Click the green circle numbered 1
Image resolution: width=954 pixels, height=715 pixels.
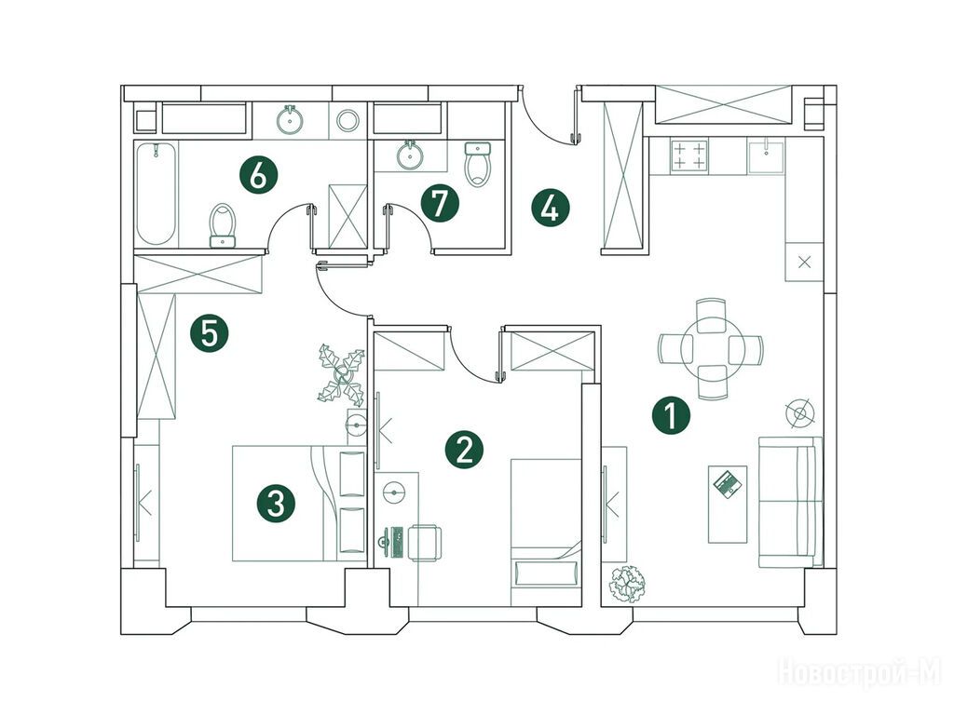pyautogui.click(x=671, y=416)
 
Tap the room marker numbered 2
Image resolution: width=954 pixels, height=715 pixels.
pyautogui.click(x=464, y=450)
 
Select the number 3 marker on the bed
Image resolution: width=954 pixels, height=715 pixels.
pyautogui.click(x=276, y=504)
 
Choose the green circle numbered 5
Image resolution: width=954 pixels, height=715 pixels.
pyautogui.click(x=210, y=334)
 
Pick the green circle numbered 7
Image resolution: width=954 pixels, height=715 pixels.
pyautogui.click(x=440, y=204)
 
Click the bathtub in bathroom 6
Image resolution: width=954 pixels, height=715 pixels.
pyautogui.click(x=157, y=194)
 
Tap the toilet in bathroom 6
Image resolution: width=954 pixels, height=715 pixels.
pyautogui.click(x=222, y=225)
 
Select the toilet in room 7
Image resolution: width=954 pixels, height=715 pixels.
pyautogui.click(x=478, y=164)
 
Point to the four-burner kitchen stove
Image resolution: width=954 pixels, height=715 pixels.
pyautogui.click(x=688, y=155)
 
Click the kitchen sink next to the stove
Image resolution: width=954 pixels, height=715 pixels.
pyautogui.click(x=767, y=155)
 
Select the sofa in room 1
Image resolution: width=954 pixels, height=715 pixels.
pyautogui.click(x=790, y=502)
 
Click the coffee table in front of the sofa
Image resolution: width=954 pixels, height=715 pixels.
pyautogui.click(x=728, y=504)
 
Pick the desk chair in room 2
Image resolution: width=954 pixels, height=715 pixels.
pyautogui.click(x=425, y=543)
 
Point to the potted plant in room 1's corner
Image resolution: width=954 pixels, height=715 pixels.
pyautogui.click(x=627, y=585)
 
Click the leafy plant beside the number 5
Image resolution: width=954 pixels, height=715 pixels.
pyautogui.click(x=341, y=374)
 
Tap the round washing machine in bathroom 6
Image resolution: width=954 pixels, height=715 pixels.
pyautogui.click(x=348, y=120)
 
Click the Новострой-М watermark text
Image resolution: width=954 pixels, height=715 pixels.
pyautogui.click(x=859, y=672)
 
